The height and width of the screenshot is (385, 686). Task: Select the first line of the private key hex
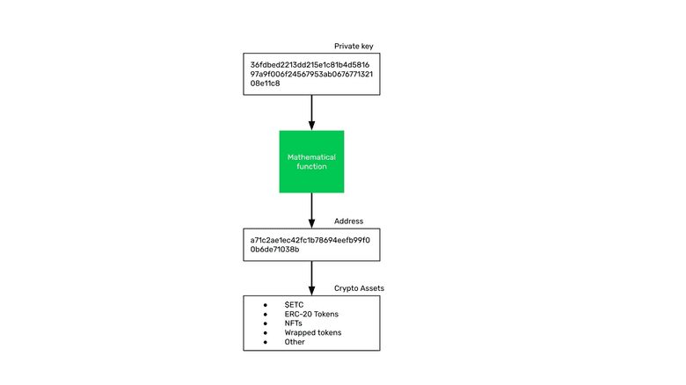coord(310,64)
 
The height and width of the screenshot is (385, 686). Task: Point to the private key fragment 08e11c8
coord(265,84)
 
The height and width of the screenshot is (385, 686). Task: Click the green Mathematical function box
coord(311,162)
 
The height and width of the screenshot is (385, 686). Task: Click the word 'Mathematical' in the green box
coord(311,156)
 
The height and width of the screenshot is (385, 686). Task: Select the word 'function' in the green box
coord(311,166)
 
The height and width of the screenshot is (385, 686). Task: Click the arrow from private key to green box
coord(311,112)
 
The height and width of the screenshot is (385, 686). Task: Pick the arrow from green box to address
coord(311,210)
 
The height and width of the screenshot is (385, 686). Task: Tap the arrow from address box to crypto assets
coord(311,278)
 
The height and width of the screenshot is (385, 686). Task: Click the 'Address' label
coord(348,222)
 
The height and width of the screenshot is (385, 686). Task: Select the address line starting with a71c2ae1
coord(310,239)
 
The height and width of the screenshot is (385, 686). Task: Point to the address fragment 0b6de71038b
coord(274,250)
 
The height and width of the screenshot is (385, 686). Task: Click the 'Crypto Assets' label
coord(359,288)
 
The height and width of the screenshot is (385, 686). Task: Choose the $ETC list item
coord(294,304)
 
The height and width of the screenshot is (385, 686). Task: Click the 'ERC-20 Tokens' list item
coord(311,314)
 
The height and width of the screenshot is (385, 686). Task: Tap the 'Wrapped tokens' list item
coord(312,333)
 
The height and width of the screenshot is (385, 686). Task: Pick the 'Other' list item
coord(295,342)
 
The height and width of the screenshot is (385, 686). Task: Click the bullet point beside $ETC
coord(265,304)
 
